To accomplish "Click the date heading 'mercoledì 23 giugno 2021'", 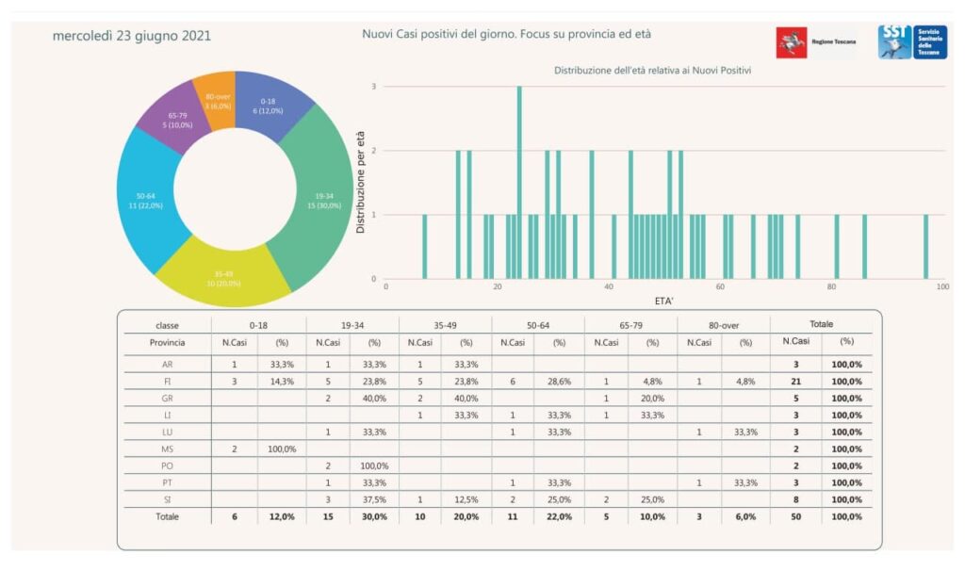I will [132, 36].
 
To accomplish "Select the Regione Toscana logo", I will [816, 42].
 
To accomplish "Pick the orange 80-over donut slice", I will [219, 98].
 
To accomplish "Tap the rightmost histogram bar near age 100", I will [925, 246].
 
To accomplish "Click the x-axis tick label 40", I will [609, 287].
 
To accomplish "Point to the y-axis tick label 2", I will [374, 151].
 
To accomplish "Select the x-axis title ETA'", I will [664, 301].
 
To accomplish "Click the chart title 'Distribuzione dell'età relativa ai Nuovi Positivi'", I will [659, 71].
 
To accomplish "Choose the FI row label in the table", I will [168, 381].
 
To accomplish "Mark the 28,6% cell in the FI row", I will [559, 381].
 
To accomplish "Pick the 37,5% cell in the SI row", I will [373, 499].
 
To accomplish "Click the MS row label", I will [168, 449].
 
